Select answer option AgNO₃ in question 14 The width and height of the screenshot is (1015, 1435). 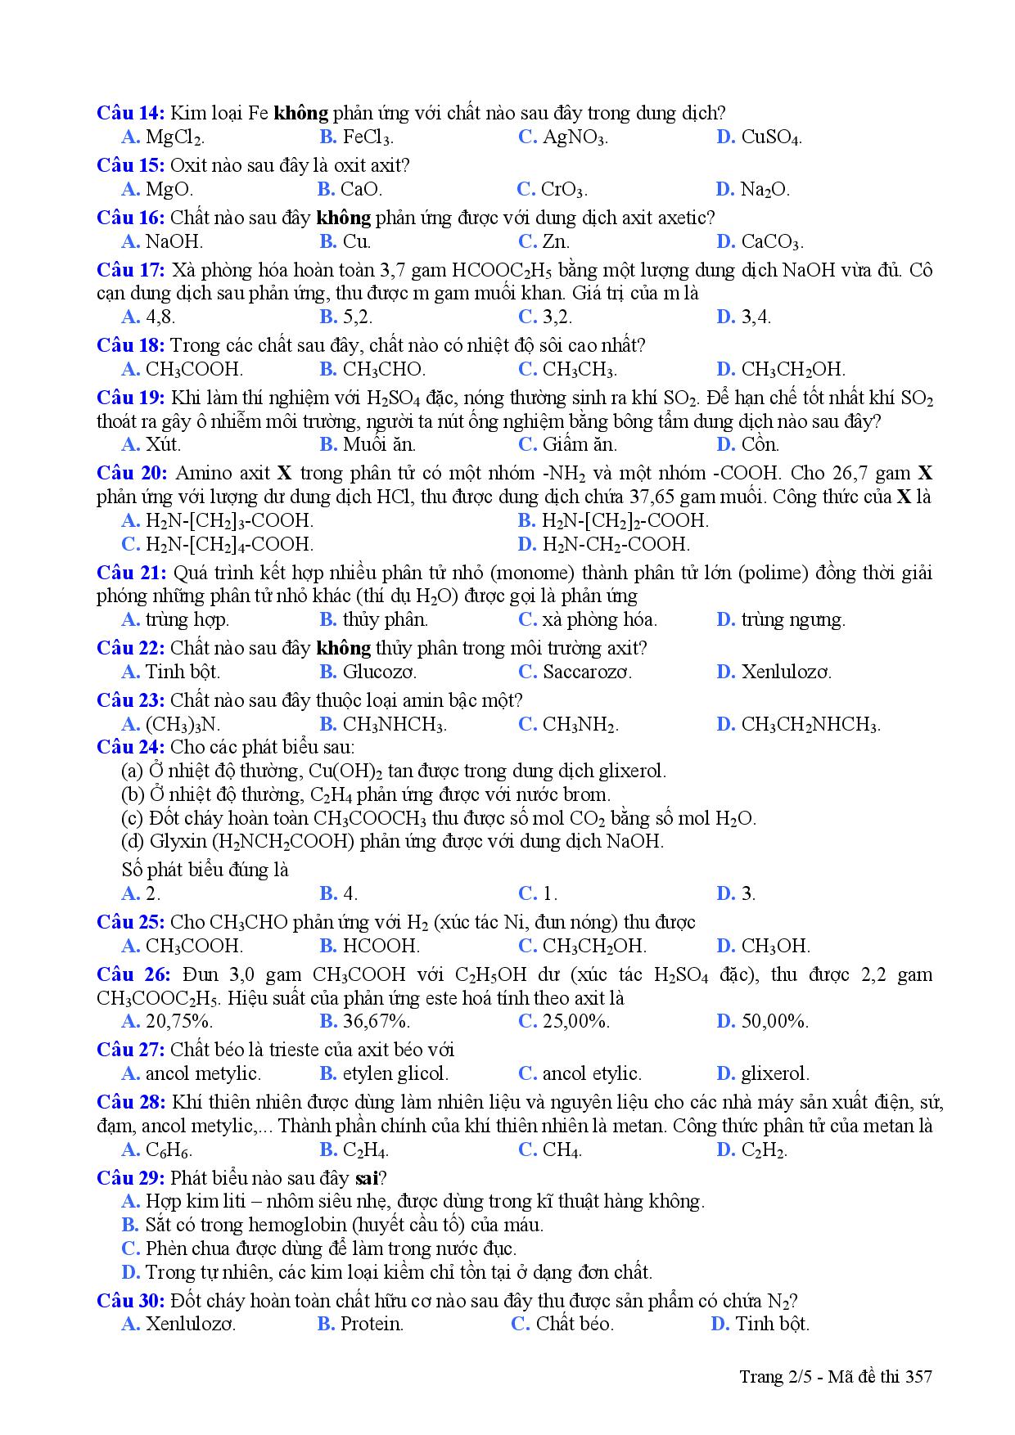pyautogui.click(x=575, y=137)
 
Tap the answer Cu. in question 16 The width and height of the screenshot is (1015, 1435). pyautogui.click(x=356, y=242)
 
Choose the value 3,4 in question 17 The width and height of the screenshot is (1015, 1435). pyautogui.click(x=756, y=317)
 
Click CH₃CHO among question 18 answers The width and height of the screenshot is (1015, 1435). pyautogui.click(x=383, y=370)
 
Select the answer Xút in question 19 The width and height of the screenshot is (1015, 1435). pyautogui.click(x=162, y=445)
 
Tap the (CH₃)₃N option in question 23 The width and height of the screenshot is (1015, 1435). pyautogui.click(x=182, y=725)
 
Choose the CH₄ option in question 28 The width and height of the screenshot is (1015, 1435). pyautogui.click(x=562, y=1150)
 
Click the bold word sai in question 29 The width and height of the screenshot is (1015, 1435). pyautogui.click(x=367, y=1178)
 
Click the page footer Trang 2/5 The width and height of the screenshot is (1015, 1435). pyautogui.click(x=772, y=1377)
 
